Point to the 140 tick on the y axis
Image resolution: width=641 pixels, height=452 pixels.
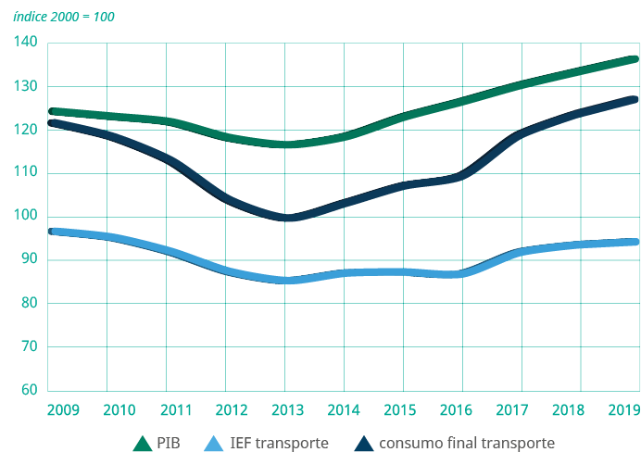coord(25,43)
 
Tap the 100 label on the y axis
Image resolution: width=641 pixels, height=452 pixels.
coord(25,216)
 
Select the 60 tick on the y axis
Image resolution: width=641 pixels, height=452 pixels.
coord(28,389)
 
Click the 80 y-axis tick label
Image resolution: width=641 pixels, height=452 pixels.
coord(28,303)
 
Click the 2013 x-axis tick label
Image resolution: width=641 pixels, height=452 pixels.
coord(284,408)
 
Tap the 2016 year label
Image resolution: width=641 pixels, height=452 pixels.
coord(462,408)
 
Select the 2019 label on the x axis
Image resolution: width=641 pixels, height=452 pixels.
coord(625,408)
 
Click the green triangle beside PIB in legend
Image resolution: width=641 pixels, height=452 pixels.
coord(144,443)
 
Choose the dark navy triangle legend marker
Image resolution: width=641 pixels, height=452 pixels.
coord(366,443)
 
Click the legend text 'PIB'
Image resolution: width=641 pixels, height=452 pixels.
coord(171,443)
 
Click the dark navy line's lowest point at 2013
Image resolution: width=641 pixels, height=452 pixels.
coord(286,219)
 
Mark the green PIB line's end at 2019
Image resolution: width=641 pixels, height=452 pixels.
coord(635,59)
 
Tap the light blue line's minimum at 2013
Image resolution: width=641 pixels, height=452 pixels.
coord(286,280)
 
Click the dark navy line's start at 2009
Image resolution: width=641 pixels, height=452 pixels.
coord(52,122)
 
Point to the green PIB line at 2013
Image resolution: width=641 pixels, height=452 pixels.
coord(286,144)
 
